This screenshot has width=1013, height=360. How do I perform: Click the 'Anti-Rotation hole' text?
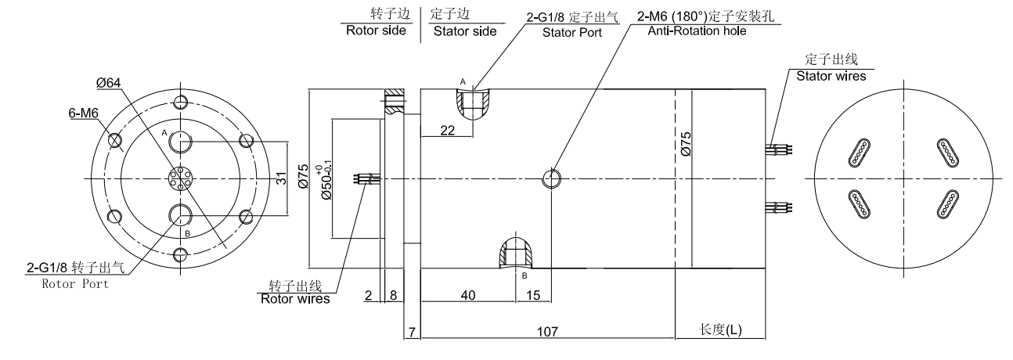pos(697,31)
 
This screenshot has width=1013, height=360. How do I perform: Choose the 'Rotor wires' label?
pos(295,298)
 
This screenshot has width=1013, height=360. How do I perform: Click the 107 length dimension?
pos(546,332)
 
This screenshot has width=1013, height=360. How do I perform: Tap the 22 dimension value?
pos(447,131)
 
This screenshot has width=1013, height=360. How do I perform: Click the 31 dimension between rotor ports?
pos(283,178)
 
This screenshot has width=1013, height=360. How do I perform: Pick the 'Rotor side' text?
pos(376,31)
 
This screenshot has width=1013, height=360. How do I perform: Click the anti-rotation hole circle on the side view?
pos(552,178)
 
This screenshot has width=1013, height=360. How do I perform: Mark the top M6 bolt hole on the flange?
pos(182,103)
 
